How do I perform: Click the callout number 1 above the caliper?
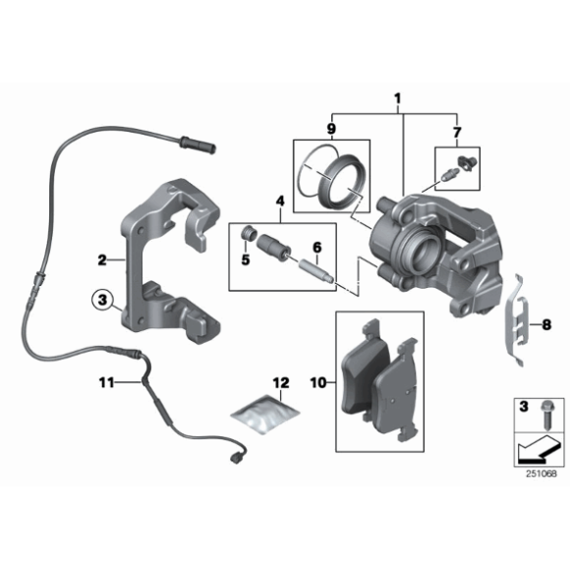(x=397, y=98)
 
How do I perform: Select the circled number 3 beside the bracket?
(x=103, y=301)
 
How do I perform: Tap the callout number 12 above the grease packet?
(x=281, y=382)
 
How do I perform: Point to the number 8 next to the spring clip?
(x=546, y=324)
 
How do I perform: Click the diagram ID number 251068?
(x=541, y=474)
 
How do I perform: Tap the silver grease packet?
(x=265, y=414)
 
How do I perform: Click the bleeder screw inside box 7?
(x=450, y=174)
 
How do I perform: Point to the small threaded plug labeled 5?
(x=249, y=233)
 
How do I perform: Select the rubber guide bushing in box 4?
(x=274, y=248)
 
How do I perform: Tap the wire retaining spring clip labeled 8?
(x=517, y=320)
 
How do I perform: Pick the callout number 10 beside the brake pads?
(x=318, y=382)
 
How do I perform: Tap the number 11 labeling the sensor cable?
(x=106, y=382)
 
